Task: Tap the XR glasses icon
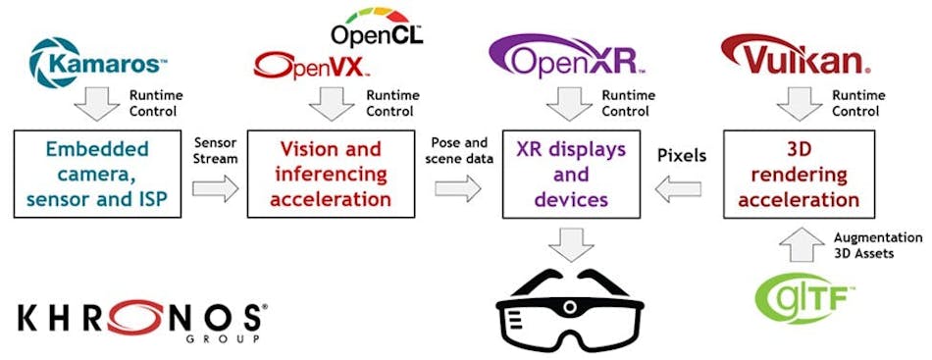pos(568,305)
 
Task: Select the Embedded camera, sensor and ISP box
pos(97,174)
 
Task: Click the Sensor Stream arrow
pos(216,186)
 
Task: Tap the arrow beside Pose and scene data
pos(458,186)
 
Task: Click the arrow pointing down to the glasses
pos(567,244)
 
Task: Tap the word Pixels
pos(681,155)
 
